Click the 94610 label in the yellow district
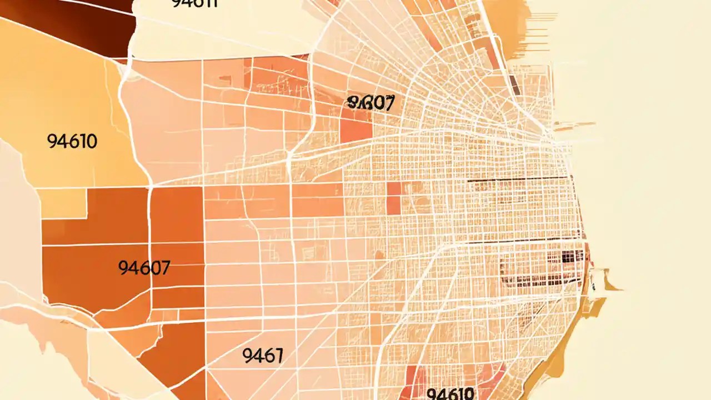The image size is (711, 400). [x=72, y=142]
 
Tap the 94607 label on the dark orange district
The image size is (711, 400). [x=144, y=268]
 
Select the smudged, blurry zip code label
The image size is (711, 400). [x=370, y=102]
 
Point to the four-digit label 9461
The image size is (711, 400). [x=263, y=355]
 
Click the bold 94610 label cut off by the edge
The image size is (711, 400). [x=450, y=394]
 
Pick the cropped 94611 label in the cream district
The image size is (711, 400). [x=194, y=3]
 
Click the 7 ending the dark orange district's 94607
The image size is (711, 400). [x=164, y=268]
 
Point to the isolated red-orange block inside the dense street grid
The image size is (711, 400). [x=393, y=197]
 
